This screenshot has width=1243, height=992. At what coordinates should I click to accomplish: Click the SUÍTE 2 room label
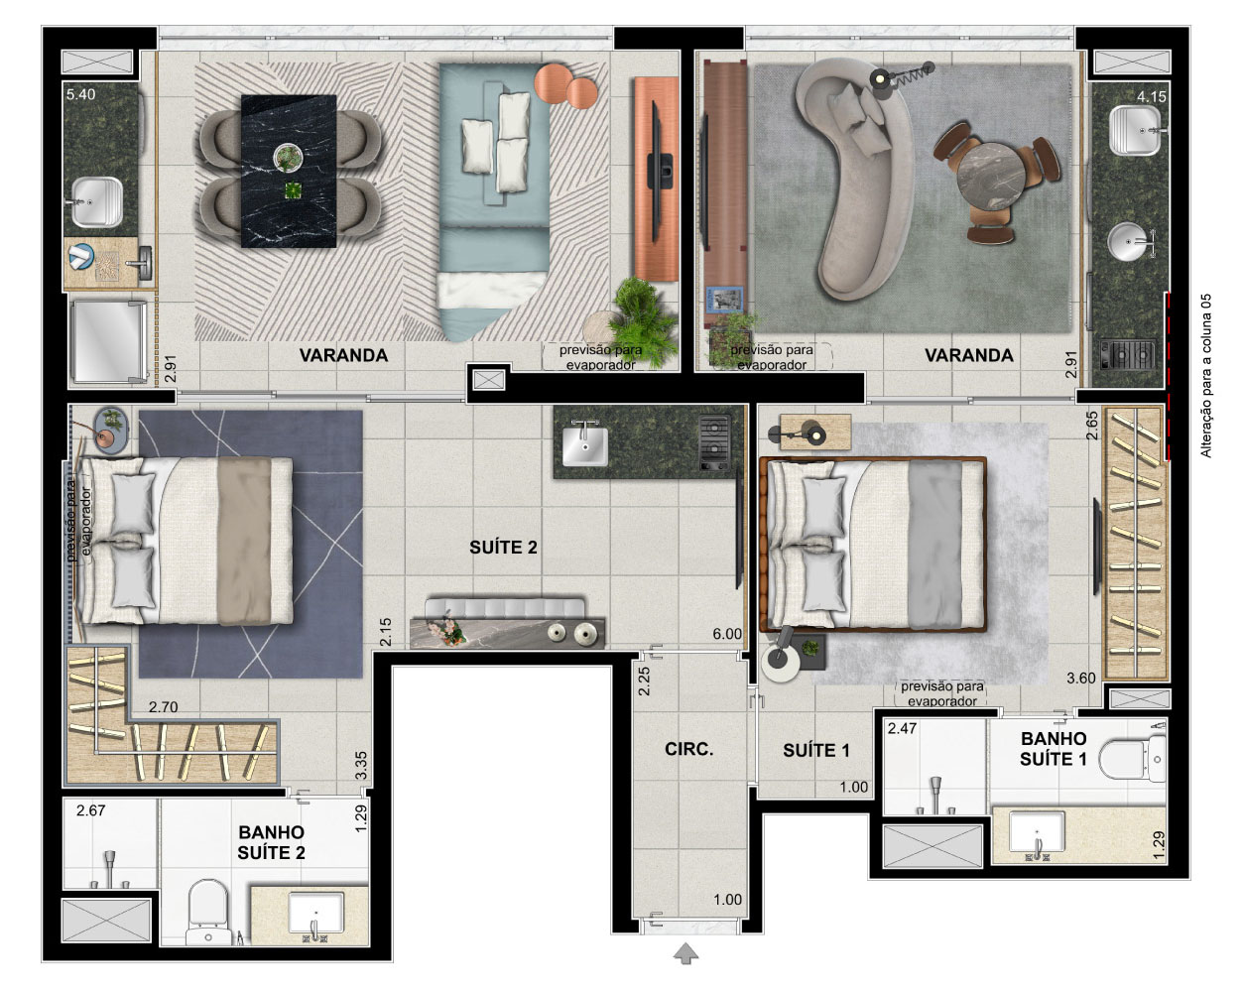tap(503, 547)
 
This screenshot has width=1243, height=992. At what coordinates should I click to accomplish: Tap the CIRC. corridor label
tap(689, 749)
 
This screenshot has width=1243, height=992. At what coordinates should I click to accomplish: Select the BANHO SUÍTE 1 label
tap(1054, 748)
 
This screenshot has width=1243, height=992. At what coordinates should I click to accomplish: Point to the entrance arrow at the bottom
tap(685, 952)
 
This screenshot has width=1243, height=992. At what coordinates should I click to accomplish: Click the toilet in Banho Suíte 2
tap(207, 913)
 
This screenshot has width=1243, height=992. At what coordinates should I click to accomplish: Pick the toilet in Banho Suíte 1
tap(1132, 758)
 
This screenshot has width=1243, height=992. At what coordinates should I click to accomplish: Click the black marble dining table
tap(289, 171)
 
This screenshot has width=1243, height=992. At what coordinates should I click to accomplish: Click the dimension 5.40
tap(81, 94)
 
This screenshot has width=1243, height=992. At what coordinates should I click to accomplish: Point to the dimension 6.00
tap(726, 634)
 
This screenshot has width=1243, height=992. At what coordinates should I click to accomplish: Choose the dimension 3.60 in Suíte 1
tap(1080, 678)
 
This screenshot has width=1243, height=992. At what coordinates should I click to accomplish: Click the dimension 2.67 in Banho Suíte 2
tap(90, 810)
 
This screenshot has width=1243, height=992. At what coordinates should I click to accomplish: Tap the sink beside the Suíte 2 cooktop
tap(585, 444)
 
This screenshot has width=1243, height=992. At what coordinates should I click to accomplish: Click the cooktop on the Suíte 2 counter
tap(714, 441)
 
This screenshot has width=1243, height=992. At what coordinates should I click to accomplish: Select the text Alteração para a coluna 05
tap(1206, 376)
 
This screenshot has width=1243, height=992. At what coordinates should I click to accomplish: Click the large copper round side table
tap(553, 82)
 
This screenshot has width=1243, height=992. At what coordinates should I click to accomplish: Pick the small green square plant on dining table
tap(294, 190)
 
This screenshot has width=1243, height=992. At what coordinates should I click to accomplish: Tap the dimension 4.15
tap(1151, 96)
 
